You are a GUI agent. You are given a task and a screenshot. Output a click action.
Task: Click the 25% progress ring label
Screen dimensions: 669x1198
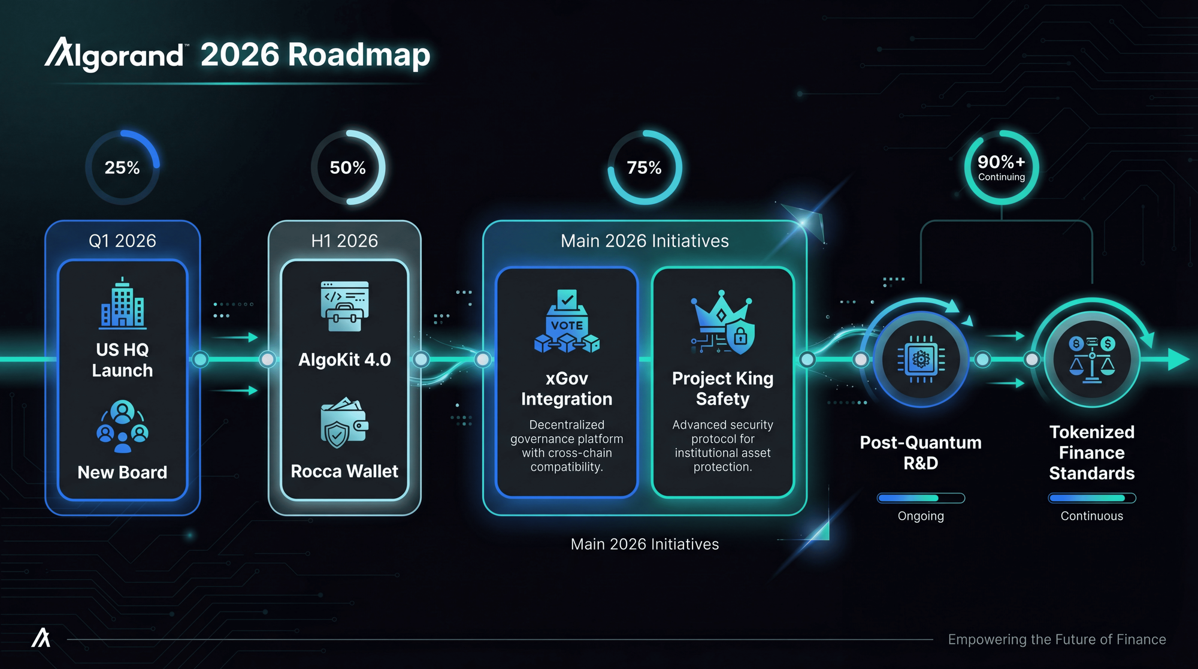click(x=122, y=168)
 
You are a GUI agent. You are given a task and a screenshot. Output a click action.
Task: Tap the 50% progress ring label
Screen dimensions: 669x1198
click(x=347, y=168)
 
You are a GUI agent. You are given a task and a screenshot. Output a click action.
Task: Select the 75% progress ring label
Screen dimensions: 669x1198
click(x=645, y=168)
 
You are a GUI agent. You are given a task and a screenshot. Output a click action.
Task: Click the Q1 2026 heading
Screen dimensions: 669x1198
click(x=122, y=241)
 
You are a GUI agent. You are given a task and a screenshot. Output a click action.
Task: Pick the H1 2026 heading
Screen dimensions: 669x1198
click(x=344, y=241)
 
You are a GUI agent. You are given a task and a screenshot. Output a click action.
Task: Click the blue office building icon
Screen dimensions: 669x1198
click(x=123, y=304)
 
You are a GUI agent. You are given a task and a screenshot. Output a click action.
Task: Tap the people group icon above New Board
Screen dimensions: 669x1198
click(x=123, y=426)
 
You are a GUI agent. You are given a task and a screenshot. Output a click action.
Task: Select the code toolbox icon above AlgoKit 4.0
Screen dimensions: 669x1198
click(x=344, y=306)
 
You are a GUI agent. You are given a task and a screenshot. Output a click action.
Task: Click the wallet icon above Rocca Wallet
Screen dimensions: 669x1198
click(x=344, y=423)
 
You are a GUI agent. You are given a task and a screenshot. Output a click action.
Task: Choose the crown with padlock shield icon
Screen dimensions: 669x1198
click(x=722, y=323)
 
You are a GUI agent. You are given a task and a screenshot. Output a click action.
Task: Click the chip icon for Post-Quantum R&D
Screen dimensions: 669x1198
click(x=921, y=360)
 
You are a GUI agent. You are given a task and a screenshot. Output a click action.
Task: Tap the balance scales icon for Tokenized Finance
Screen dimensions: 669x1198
click(x=1092, y=360)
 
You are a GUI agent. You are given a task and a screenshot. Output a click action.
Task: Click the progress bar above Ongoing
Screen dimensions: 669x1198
click(x=921, y=498)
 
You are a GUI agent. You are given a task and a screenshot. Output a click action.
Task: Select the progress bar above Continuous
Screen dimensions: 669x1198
click(x=1092, y=498)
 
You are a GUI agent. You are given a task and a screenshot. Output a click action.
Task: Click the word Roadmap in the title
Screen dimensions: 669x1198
click(x=359, y=55)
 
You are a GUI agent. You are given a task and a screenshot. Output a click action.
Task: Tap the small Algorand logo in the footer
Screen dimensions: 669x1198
click(x=41, y=638)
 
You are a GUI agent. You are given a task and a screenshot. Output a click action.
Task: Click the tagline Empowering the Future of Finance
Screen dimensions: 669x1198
click(x=1057, y=640)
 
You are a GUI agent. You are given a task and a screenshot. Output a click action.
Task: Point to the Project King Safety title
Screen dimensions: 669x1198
click(x=722, y=388)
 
